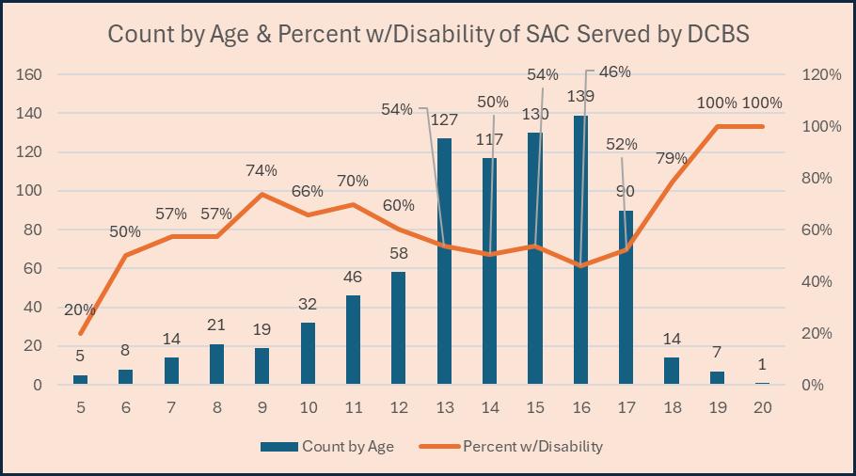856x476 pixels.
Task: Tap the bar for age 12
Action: [399, 328]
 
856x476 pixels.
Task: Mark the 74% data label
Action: [262, 171]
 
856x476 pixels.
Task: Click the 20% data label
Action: [80, 310]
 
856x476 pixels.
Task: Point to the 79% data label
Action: [670, 158]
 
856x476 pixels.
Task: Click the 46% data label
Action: [613, 71]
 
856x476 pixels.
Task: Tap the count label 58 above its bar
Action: [399, 254]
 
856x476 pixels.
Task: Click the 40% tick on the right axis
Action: [818, 281]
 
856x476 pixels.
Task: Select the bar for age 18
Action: [671, 371]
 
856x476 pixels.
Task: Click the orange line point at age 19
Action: [717, 126]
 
